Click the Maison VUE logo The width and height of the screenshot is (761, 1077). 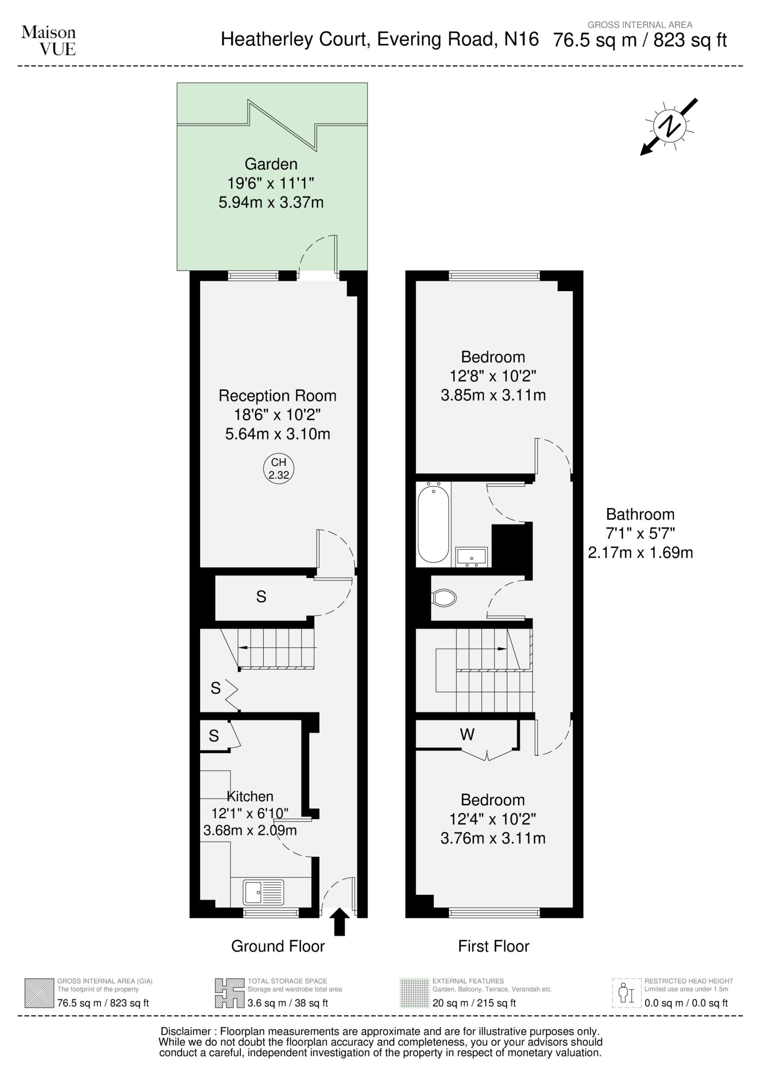click(48, 40)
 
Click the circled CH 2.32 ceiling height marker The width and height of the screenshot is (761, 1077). click(278, 469)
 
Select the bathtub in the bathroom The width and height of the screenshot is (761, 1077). click(433, 524)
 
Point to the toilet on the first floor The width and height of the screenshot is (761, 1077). click(443, 598)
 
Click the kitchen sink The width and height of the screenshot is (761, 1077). click(263, 892)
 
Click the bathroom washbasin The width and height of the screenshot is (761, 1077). click(471, 556)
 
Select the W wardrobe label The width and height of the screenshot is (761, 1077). click(467, 734)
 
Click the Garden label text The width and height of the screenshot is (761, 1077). click(271, 164)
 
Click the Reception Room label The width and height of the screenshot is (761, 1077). click(278, 396)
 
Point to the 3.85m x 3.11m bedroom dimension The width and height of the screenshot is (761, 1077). click(493, 395)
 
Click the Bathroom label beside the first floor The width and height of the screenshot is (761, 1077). click(640, 514)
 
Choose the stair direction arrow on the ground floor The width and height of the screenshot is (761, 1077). click(277, 647)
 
